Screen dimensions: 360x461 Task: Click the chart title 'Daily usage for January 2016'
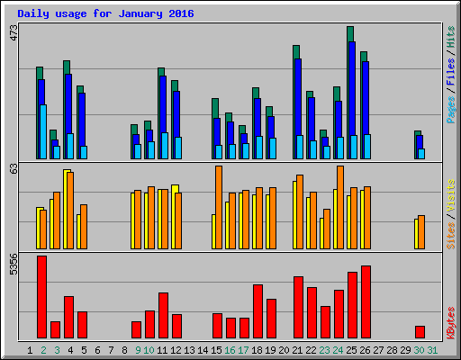(105, 14)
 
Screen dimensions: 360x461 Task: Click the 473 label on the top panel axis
(13, 33)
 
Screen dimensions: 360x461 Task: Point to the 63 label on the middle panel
(13, 168)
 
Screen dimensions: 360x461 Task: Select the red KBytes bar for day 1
(41, 297)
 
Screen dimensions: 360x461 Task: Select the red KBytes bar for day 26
(366, 301)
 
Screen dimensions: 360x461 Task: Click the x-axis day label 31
(433, 350)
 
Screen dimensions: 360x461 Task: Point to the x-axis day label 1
(31, 350)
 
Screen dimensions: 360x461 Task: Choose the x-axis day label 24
(338, 350)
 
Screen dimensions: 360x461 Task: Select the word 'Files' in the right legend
(450, 72)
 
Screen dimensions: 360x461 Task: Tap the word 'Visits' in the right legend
(450, 193)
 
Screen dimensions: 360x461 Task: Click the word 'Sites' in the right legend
(450, 232)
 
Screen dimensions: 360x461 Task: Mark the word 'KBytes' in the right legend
(450, 322)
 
